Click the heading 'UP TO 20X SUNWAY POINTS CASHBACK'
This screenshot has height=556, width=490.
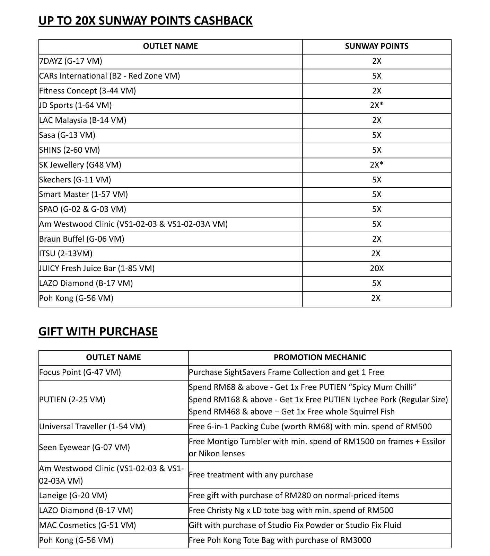pyautogui.click(x=145, y=21)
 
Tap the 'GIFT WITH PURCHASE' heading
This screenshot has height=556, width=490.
pyautogui.click(x=98, y=331)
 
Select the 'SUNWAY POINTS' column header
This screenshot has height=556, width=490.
pyautogui.click(x=376, y=46)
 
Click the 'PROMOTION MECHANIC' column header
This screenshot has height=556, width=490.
pyautogui.click(x=320, y=357)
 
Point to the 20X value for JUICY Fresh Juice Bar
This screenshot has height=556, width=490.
pyautogui.click(x=376, y=268)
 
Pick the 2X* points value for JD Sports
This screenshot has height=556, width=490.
pyautogui.click(x=376, y=105)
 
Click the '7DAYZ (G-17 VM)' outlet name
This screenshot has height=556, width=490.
pyautogui.click(x=71, y=61)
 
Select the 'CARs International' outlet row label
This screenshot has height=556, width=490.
pyautogui.click(x=110, y=76)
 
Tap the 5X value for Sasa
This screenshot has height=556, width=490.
pyautogui.click(x=376, y=135)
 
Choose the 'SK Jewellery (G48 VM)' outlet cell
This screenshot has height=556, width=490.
pyautogui.click(x=80, y=165)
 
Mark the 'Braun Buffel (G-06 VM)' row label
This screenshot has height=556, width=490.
pyautogui.click(x=81, y=239)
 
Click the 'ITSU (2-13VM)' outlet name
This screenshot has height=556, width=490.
pyautogui.click(x=66, y=253)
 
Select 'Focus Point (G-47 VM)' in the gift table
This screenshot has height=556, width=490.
pyautogui.click(x=80, y=372)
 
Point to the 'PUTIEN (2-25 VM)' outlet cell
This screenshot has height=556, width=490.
pyautogui.click(x=72, y=400)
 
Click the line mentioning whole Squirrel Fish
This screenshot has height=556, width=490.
pyautogui.click(x=292, y=412)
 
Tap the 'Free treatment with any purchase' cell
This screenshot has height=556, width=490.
pyautogui.click(x=251, y=475)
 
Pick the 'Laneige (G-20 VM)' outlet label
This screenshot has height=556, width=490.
pyautogui.click(x=73, y=495)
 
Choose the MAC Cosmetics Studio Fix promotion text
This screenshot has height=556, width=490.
pyautogui.click(x=295, y=525)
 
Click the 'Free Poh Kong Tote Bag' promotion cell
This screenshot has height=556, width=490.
pyautogui.click(x=280, y=540)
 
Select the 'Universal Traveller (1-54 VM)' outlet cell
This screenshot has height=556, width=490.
pyautogui.click(x=92, y=427)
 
